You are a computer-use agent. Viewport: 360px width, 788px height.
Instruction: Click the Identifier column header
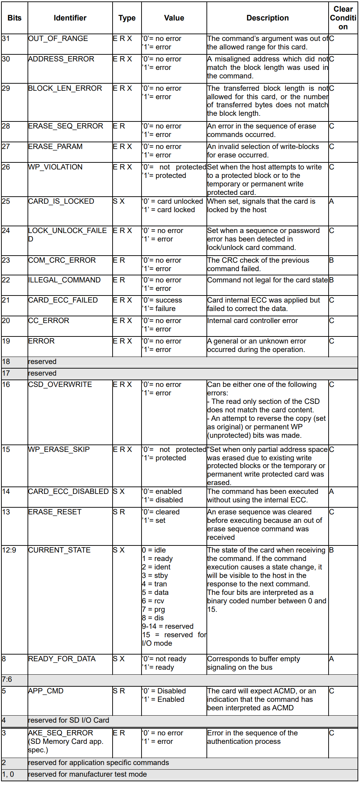coord(70,18)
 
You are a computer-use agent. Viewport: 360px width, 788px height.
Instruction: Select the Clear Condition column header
coord(343,18)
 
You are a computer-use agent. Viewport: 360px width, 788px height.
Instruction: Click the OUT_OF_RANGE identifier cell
coord(58,38)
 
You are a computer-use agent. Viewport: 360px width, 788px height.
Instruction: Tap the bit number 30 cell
coord(6,59)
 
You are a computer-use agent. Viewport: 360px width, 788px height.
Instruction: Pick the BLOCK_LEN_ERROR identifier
coord(65,88)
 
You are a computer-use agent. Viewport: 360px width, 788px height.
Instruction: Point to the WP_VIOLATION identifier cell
coord(55,167)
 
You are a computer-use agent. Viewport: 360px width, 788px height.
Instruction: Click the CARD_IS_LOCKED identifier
coord(61,201)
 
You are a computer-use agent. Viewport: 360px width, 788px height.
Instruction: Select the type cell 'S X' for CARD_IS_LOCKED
coord(119,201)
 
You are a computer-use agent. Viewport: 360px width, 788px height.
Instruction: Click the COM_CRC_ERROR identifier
coord(62,260)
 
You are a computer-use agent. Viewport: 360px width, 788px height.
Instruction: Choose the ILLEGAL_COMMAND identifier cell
coord(64,280)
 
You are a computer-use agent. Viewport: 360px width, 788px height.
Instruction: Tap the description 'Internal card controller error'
coord(252,321)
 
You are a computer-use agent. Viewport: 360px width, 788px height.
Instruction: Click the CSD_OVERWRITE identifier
coord(60,384)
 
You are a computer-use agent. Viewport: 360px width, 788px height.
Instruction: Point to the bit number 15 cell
coord(6,449)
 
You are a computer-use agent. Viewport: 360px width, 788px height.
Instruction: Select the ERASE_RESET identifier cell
coord(55,512)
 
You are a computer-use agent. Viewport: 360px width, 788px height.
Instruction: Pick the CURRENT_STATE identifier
coord(59,550)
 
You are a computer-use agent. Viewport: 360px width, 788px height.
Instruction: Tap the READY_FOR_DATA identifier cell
coord(62,659)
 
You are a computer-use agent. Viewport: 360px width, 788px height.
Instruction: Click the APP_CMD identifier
coord(46,691)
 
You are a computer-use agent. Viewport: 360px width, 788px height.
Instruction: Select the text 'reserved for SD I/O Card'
coord(69,720)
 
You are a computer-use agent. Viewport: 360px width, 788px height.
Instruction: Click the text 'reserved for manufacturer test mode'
coord(88,774)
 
